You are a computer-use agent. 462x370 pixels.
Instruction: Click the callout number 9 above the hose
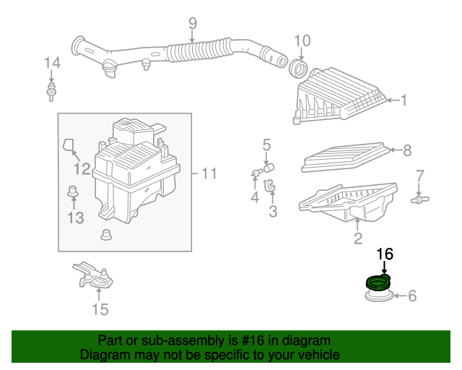pyautogui.click(x=193, y=24)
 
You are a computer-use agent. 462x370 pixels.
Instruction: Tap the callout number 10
pyautogui.click(x=302, y=40)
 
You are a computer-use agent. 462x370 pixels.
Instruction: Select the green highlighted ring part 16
pyautogui.click(x=378, y=283)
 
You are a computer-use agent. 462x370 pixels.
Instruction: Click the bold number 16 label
pyautogui.click(x=385, y=254)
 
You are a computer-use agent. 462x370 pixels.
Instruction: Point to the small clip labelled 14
pyautogui.click(x=51, y=92)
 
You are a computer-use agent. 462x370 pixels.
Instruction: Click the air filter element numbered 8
pyautogui.click(x=345, y=157)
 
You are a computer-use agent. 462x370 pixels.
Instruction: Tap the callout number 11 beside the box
pyautogui.click(x=209, y=173)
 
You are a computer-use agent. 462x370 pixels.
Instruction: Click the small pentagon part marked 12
pyautogui.click(x=68, y=145)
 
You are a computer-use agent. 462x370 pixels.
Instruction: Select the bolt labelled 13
pyautogui.click(x=73, y=192)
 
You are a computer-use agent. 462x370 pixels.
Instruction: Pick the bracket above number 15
pyautogui.click(x=93, y=275)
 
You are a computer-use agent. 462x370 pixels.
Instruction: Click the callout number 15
pyautogui.click(x=100, y=309)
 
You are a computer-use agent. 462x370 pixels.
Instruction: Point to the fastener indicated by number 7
pyautogui.click(x=420, y=199)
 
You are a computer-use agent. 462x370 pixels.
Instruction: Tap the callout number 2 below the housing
pyautogui.click(x=358, y=238)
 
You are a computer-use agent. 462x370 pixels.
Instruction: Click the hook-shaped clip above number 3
pyautogui.click(x=270, y=185)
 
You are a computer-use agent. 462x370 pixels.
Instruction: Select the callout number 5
pyautogui.click(x=266, y=145)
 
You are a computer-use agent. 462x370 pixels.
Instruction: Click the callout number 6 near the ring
pyautogui.click(x=412, y=296)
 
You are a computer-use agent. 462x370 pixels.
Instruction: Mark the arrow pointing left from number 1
pyautogui.click(x=393, y=100)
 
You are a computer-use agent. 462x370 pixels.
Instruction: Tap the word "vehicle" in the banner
pyautogui.click(x=321, y=355)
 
